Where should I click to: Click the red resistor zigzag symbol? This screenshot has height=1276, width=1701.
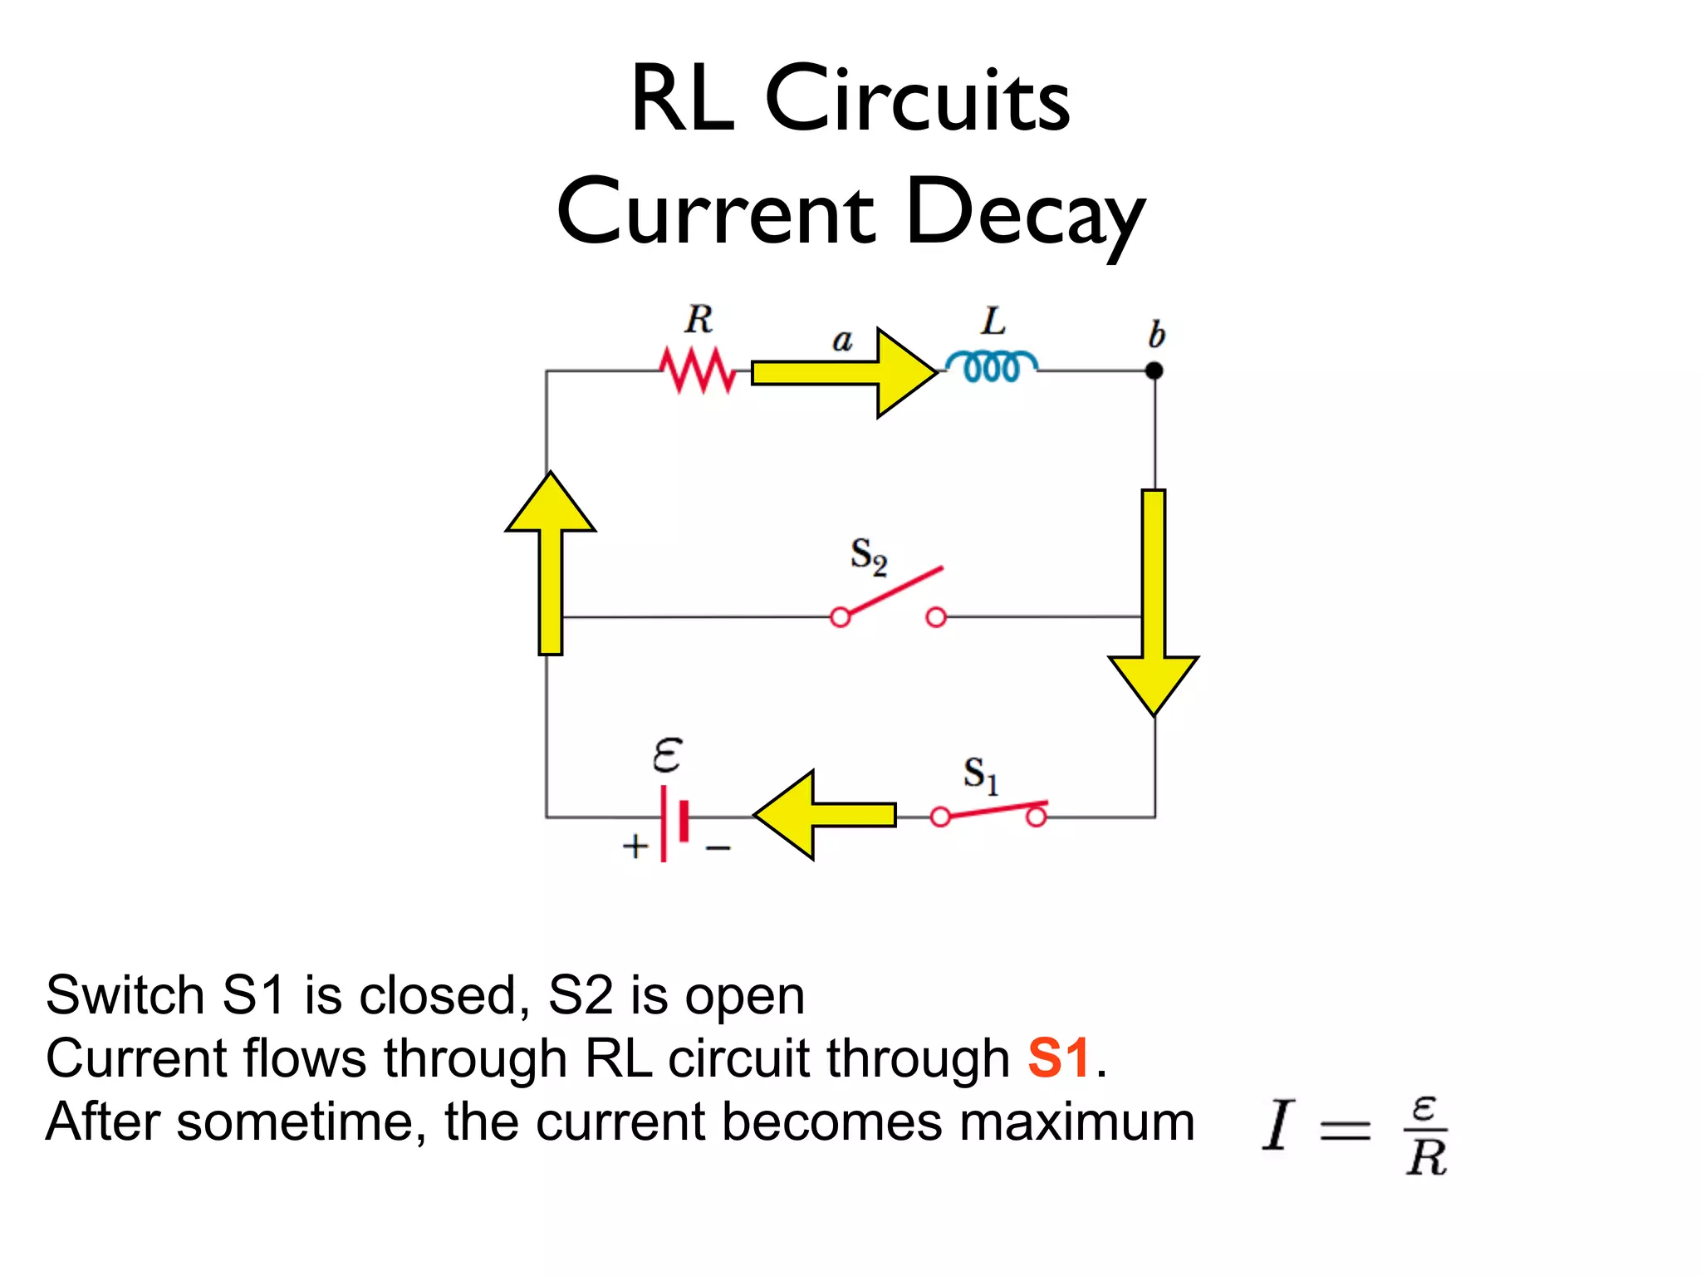coord(698,371)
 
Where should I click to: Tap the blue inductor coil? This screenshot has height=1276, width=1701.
coord(991,366)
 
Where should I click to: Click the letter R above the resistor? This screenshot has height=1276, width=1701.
coord(699,319)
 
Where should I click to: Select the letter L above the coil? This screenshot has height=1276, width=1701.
coord(993,321)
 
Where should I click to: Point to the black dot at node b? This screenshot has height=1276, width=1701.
coord(1154,371)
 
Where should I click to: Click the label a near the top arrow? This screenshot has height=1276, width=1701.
coord(842,340)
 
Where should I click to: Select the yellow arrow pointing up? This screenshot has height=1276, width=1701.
coord(551,565)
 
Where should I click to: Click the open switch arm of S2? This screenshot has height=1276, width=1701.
coord(893,592)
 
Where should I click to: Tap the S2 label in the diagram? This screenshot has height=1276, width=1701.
coord(869,556)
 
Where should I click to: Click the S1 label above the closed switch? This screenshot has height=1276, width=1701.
coord(980,775)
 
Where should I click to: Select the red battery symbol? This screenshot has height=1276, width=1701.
coord(674,822)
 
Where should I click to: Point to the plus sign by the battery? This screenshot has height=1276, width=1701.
coord(635,847)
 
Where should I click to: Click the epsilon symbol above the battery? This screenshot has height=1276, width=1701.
coord(667,754)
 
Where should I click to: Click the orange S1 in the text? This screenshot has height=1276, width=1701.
coord(1058,1058)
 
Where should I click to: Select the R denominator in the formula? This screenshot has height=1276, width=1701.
coord(1426,1157)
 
